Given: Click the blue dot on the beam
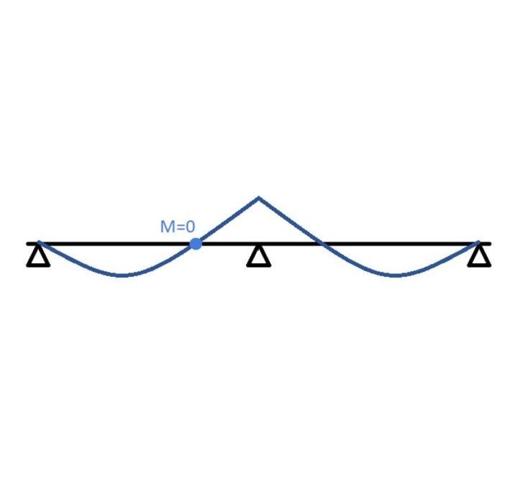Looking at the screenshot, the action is pyautogui.click(x=196, y=244).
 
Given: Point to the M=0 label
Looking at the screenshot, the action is pyautogui.click(x=178, y=227).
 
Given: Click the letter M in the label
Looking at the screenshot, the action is pyautogui.click(x=166, y=227).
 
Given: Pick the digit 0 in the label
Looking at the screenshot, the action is pyautogui.click(x=190, y=227).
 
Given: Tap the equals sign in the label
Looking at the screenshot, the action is pyautogui.click(x=178, y=227).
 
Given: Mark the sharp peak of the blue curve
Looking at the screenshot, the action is pyautogui.click(x=259, y=198).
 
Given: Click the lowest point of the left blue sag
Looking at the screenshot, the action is pyautogui.click(x=122, y=275).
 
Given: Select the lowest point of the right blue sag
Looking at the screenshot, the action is pyautogui.click(x=395, y=275).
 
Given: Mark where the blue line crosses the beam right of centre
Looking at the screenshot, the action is pyautogui.click(x=322, y=244).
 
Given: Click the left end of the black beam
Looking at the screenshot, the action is pyautogui.click(x=27, y=244).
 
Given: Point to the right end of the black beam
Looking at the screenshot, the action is pyautogui.click(x=491, y=244).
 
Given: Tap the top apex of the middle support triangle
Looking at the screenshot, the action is pyautogui.click(x=259, y=247).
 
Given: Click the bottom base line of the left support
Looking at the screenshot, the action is pyautogui.click(x=38, y=265).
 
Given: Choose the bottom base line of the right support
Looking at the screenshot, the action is pyautogui.click(x=479, y=265).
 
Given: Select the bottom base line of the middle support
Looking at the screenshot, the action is pyautogui.click(x=259, y=265).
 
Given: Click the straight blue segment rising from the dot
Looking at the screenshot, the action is pyautogui.click(x=227, y=221).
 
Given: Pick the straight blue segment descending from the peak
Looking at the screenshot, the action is pyautogui.click(x=291, y=221).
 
